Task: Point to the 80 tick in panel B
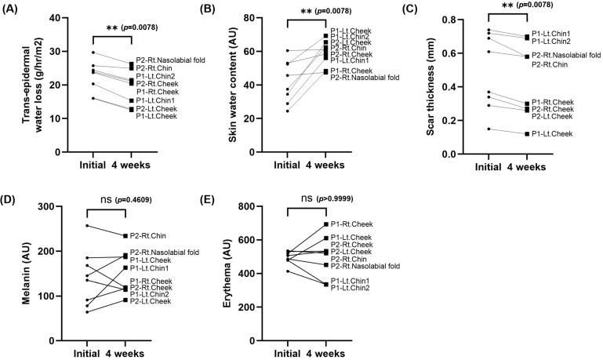coord(259,18)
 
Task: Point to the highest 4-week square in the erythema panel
coord(325,224)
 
